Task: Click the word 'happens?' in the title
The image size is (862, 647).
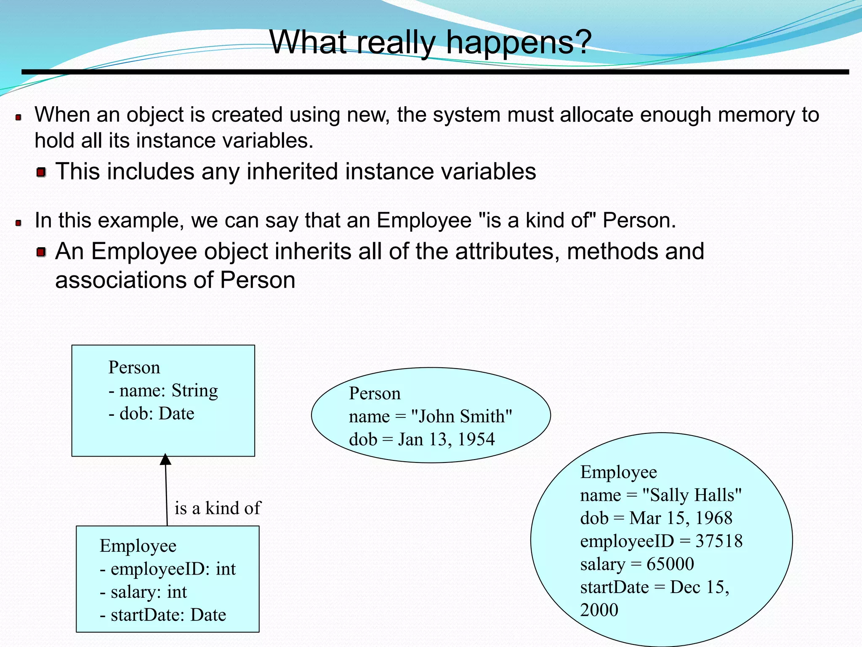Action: point(519,42)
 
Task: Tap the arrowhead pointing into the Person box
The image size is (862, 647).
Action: point(165,460)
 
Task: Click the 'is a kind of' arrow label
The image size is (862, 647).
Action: point(218,508)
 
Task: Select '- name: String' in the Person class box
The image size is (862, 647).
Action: point(163,390)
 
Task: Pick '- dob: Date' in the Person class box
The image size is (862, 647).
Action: point(151,414)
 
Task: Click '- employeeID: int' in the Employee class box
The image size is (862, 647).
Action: point(167,569)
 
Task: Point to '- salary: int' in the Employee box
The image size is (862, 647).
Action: point(143,592)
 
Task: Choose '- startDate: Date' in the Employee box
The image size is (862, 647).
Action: point(162,615)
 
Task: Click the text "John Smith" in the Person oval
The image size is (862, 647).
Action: point(461,416)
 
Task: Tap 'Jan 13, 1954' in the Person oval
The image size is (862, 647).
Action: point(446,439)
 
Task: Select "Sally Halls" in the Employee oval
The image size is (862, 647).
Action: point(692,495)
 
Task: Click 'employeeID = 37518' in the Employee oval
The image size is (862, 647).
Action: point(661,541)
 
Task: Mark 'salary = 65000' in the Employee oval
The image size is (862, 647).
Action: point(636,564)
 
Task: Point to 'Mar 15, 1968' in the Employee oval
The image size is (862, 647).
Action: point(681,518)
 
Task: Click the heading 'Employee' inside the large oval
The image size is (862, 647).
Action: point(618,472)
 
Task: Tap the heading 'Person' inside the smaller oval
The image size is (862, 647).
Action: point(375,393)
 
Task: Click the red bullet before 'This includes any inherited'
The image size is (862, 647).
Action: point(41,172)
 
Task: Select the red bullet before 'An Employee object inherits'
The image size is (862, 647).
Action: point(41,252)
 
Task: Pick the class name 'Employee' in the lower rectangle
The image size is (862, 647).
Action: point(138,546)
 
